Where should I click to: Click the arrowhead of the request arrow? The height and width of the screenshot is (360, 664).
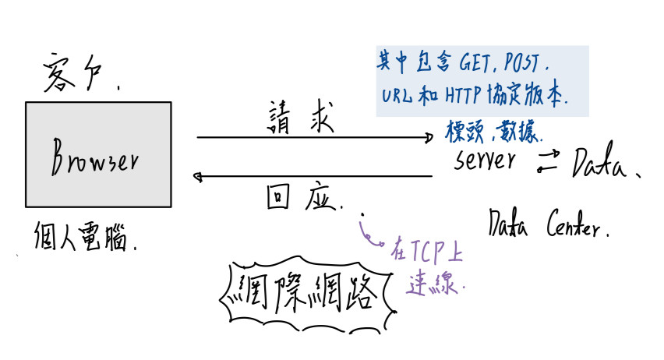click(428, 138)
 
